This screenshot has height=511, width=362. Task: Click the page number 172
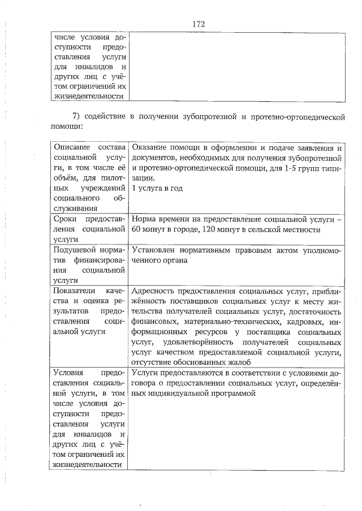pyautogui.click(x=198, y=24)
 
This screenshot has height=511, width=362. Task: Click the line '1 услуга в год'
pyautogui.click(x=157, y=189)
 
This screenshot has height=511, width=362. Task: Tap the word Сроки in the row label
pyautogui.click(x=64, y=219)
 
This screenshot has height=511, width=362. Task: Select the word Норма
pyautogui.click(x=144, y=219)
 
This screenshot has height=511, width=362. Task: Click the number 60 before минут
pyautogui.click(x=136, y=230)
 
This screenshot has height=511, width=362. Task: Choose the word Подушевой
pyautogui.click(x=72, y=250)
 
